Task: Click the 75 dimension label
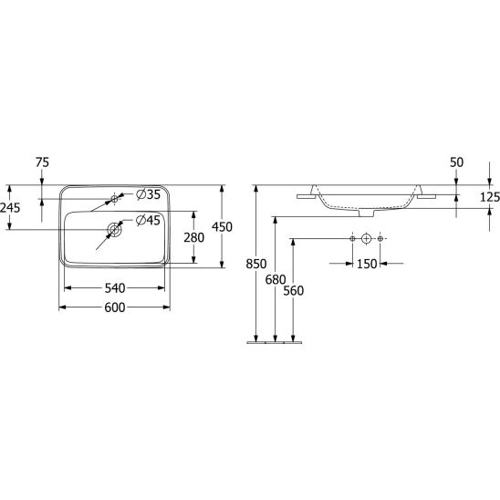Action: tap(42, 162)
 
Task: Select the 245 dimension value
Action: tap(10, 208)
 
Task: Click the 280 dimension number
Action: tap(193, 237)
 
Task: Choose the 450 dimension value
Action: tap(223, 226)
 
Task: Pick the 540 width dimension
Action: tap(115, 288)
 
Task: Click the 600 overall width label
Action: tap(115, 307)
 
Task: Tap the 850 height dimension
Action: tap(256, 264)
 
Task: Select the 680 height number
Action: tap(276, 280)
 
